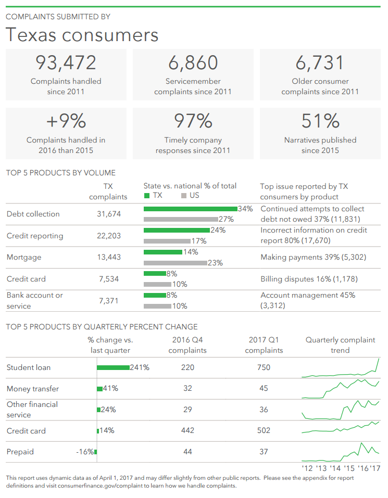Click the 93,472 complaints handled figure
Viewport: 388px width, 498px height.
(x=66, y=62)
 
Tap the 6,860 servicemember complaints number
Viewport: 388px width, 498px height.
(x=193, y=62)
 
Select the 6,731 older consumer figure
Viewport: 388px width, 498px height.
(x=320, y=62)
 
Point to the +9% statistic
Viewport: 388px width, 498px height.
(x=66, y=121)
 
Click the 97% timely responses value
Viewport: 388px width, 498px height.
(x=193, y=121)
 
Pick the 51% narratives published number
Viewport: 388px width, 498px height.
(x=320, y=121)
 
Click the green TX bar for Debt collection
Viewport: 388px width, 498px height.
(x=190, y=209)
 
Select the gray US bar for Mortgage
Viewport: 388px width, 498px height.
(x=175, y=263)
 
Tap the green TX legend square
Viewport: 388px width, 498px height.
(x=147, y=196)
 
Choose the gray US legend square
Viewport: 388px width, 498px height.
(x=184, y=196)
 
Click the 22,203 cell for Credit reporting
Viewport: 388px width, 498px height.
(x=109, y=236)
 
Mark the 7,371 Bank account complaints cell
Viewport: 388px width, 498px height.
(x=109, y=301)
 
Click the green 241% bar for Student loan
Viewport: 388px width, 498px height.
(x=113, y=367)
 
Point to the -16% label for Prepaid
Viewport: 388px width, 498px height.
(x=85, y=452)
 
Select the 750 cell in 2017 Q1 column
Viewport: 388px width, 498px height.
(x=264, y=367)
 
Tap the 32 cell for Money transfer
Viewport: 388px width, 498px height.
(x=188, y=388)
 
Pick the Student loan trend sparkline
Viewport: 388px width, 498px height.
(x=341, y=369)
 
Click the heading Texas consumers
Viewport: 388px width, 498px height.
(x=82, y=35)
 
